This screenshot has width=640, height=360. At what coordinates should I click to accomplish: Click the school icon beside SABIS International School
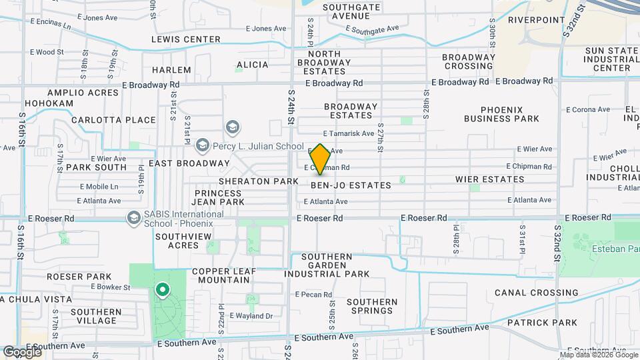133,217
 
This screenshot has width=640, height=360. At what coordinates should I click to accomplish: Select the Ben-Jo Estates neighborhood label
351,185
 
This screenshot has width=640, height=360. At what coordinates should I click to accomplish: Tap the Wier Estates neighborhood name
490,179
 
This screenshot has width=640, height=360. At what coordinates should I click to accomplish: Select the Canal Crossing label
537,293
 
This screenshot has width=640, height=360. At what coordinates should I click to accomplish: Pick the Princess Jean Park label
218,196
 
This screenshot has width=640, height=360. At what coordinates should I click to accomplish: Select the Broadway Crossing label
469,61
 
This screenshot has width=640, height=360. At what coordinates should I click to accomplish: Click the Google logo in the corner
22,351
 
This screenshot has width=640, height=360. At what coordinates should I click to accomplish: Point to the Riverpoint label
537,20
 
